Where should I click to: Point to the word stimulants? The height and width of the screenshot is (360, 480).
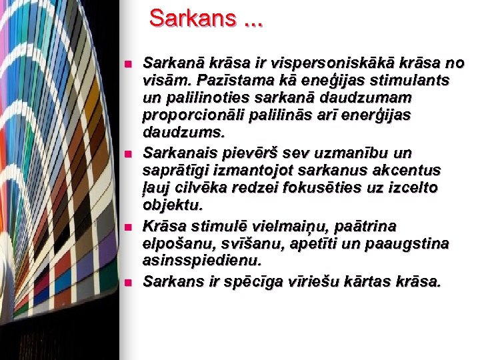tap(414, 81)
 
